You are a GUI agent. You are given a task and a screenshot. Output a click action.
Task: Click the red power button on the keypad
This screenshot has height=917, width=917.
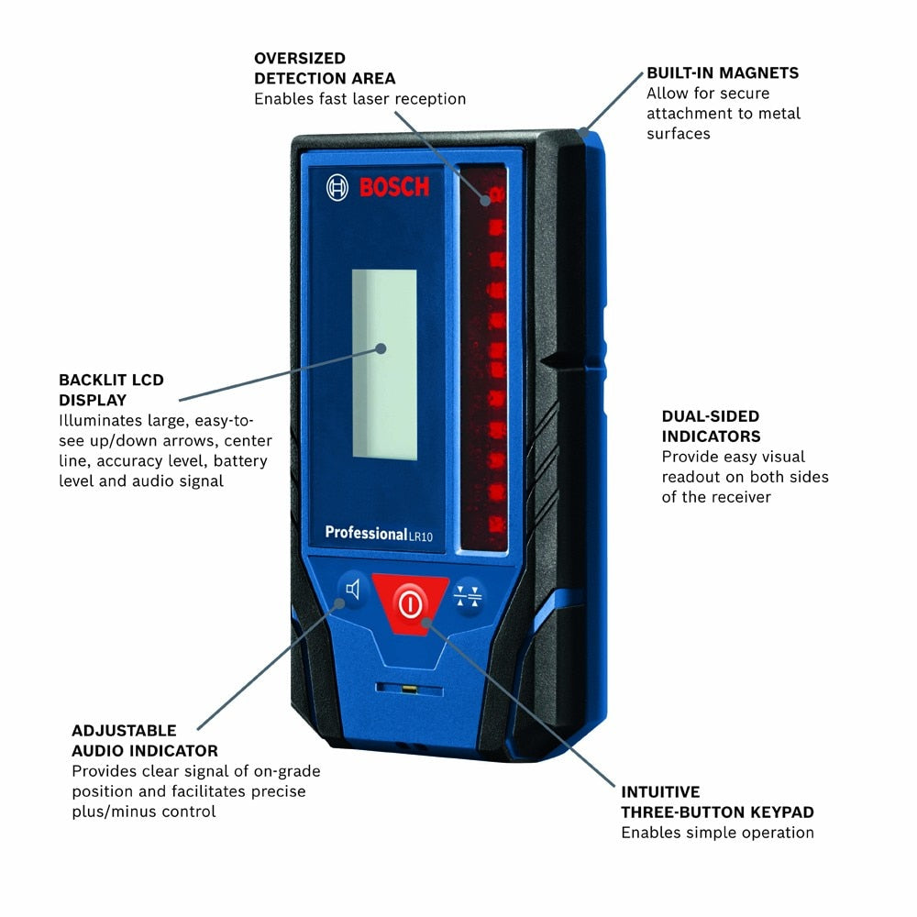click(410, 602)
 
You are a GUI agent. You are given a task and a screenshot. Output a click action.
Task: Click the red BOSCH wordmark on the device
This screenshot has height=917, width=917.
click(393, 188)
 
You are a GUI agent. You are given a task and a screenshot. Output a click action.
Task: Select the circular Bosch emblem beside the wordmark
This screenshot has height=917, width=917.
click(337, 188)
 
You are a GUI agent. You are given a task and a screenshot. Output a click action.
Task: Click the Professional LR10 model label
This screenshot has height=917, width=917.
click(378, 534)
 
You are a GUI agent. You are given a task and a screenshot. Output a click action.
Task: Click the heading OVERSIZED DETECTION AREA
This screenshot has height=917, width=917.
click(325, 69)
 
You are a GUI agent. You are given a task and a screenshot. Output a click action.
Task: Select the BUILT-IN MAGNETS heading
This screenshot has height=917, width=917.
click(722, 72)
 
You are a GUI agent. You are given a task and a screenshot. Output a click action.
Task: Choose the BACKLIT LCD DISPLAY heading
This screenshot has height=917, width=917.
click(111, 390)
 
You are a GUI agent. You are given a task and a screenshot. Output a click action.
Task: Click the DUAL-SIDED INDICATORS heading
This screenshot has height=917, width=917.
click(712, 426)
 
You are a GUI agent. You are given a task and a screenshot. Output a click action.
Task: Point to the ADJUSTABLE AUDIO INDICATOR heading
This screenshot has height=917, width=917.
click(145, 741)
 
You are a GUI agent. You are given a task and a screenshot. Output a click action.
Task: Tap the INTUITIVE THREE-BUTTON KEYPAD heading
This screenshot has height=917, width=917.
click(717, 801)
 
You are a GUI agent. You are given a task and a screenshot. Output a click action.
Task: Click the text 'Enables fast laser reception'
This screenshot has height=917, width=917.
click(359, 99)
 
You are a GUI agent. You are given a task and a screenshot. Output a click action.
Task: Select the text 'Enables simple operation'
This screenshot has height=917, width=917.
click(717, 833)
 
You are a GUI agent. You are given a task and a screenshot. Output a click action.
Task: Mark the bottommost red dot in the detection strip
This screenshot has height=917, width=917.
click(497, 526)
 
